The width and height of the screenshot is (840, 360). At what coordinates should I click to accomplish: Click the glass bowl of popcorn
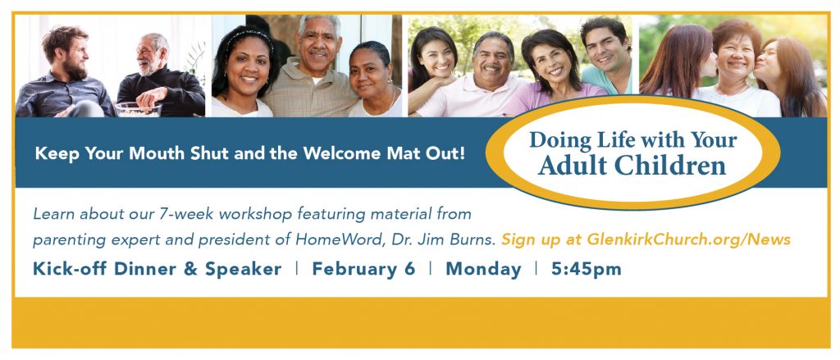(138, 109)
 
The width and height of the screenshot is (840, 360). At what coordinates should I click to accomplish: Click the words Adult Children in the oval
(632, 166)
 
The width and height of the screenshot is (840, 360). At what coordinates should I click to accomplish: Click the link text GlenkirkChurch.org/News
(689, 239)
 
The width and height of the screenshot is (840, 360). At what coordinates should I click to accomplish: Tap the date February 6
(363, 269)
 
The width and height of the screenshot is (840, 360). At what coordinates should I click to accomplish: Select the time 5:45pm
(586, 269)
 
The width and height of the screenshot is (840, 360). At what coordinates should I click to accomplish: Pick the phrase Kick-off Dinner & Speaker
(157, 269)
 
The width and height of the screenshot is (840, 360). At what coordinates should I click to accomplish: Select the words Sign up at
(541, 239)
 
